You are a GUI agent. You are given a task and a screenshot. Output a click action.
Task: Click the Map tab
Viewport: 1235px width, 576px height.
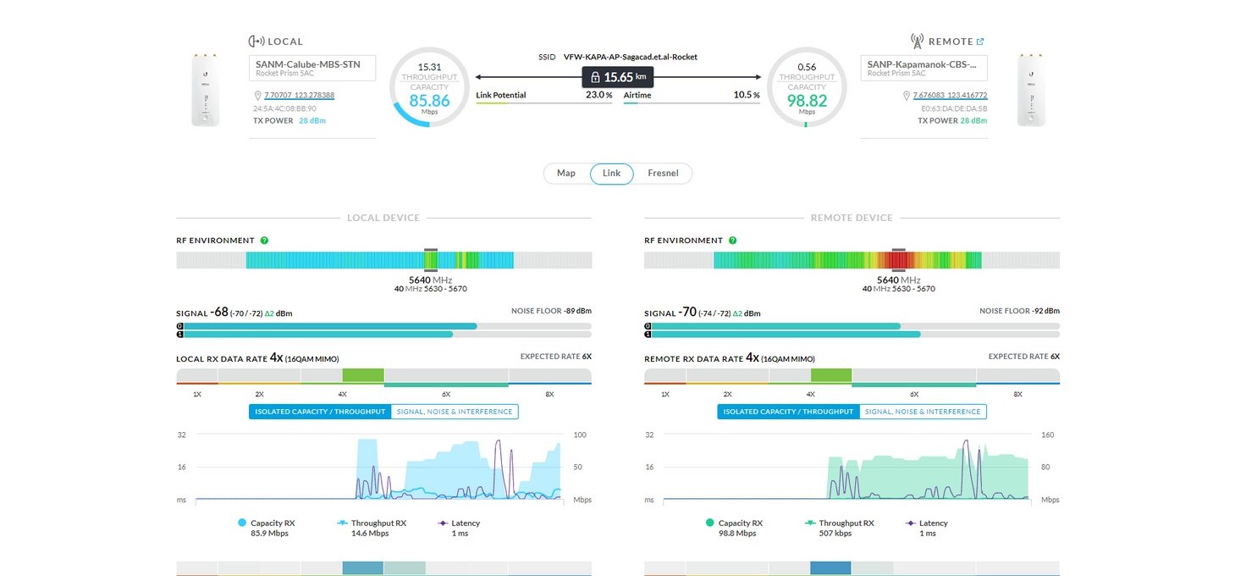coord(566,174)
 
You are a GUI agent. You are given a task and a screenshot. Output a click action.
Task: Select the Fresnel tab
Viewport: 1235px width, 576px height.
coord(663,174)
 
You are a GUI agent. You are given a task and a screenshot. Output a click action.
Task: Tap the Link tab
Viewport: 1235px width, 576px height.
coord(611,174)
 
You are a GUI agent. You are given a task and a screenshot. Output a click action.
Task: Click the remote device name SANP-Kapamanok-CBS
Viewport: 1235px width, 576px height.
coord(923,64)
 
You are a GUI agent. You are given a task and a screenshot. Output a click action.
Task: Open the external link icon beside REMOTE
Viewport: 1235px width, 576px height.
coord(980,42)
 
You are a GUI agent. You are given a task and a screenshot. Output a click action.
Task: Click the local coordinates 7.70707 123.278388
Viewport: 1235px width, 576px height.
coord(299,96)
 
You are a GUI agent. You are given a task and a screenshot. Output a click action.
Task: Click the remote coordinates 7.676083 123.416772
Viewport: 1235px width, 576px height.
coord(950,96)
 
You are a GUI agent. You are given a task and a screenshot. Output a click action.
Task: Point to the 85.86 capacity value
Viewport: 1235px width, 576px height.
coord(429,100)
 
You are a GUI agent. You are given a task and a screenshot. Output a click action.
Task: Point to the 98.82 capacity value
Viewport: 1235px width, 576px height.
coord(806,100)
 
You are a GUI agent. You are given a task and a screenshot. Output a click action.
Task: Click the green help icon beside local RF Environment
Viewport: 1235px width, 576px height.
coord(264,241)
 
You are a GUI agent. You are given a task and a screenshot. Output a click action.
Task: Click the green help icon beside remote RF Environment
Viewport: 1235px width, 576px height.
coord(732,241)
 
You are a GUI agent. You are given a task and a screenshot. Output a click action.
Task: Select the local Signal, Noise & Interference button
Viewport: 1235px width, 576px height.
coord(455,412)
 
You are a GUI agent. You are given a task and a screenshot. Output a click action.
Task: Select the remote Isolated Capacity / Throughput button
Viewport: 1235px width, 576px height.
coord(788,412)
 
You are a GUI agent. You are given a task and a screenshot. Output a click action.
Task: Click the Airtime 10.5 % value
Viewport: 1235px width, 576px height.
coord(746,96)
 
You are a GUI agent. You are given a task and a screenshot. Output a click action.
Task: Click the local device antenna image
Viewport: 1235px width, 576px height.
coord(206,91)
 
